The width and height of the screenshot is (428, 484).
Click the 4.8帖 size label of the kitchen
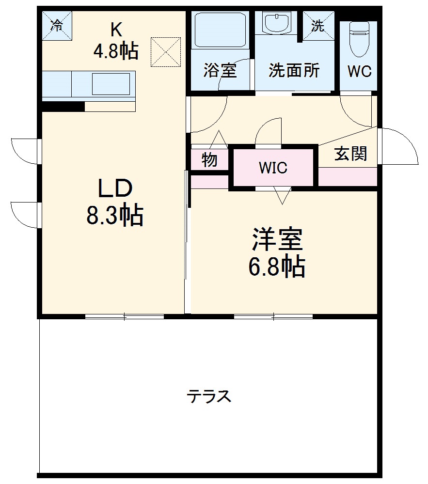(x=116, y=50)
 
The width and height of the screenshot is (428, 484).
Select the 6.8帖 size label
(x=277, y=266)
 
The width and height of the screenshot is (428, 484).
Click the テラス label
(x=209, y=396)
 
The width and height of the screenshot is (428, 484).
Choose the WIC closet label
(x=273, y=168)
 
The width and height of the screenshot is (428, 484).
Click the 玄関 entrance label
(x=350, y=154)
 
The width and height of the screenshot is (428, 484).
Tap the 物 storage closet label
(x=209, y=160)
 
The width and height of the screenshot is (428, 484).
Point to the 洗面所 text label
(x=294, y=71)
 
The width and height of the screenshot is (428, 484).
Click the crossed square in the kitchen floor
(x=165, y=52)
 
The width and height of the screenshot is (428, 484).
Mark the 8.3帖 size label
(x=115, y=215)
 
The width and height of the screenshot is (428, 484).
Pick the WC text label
(x=359, y=71)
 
